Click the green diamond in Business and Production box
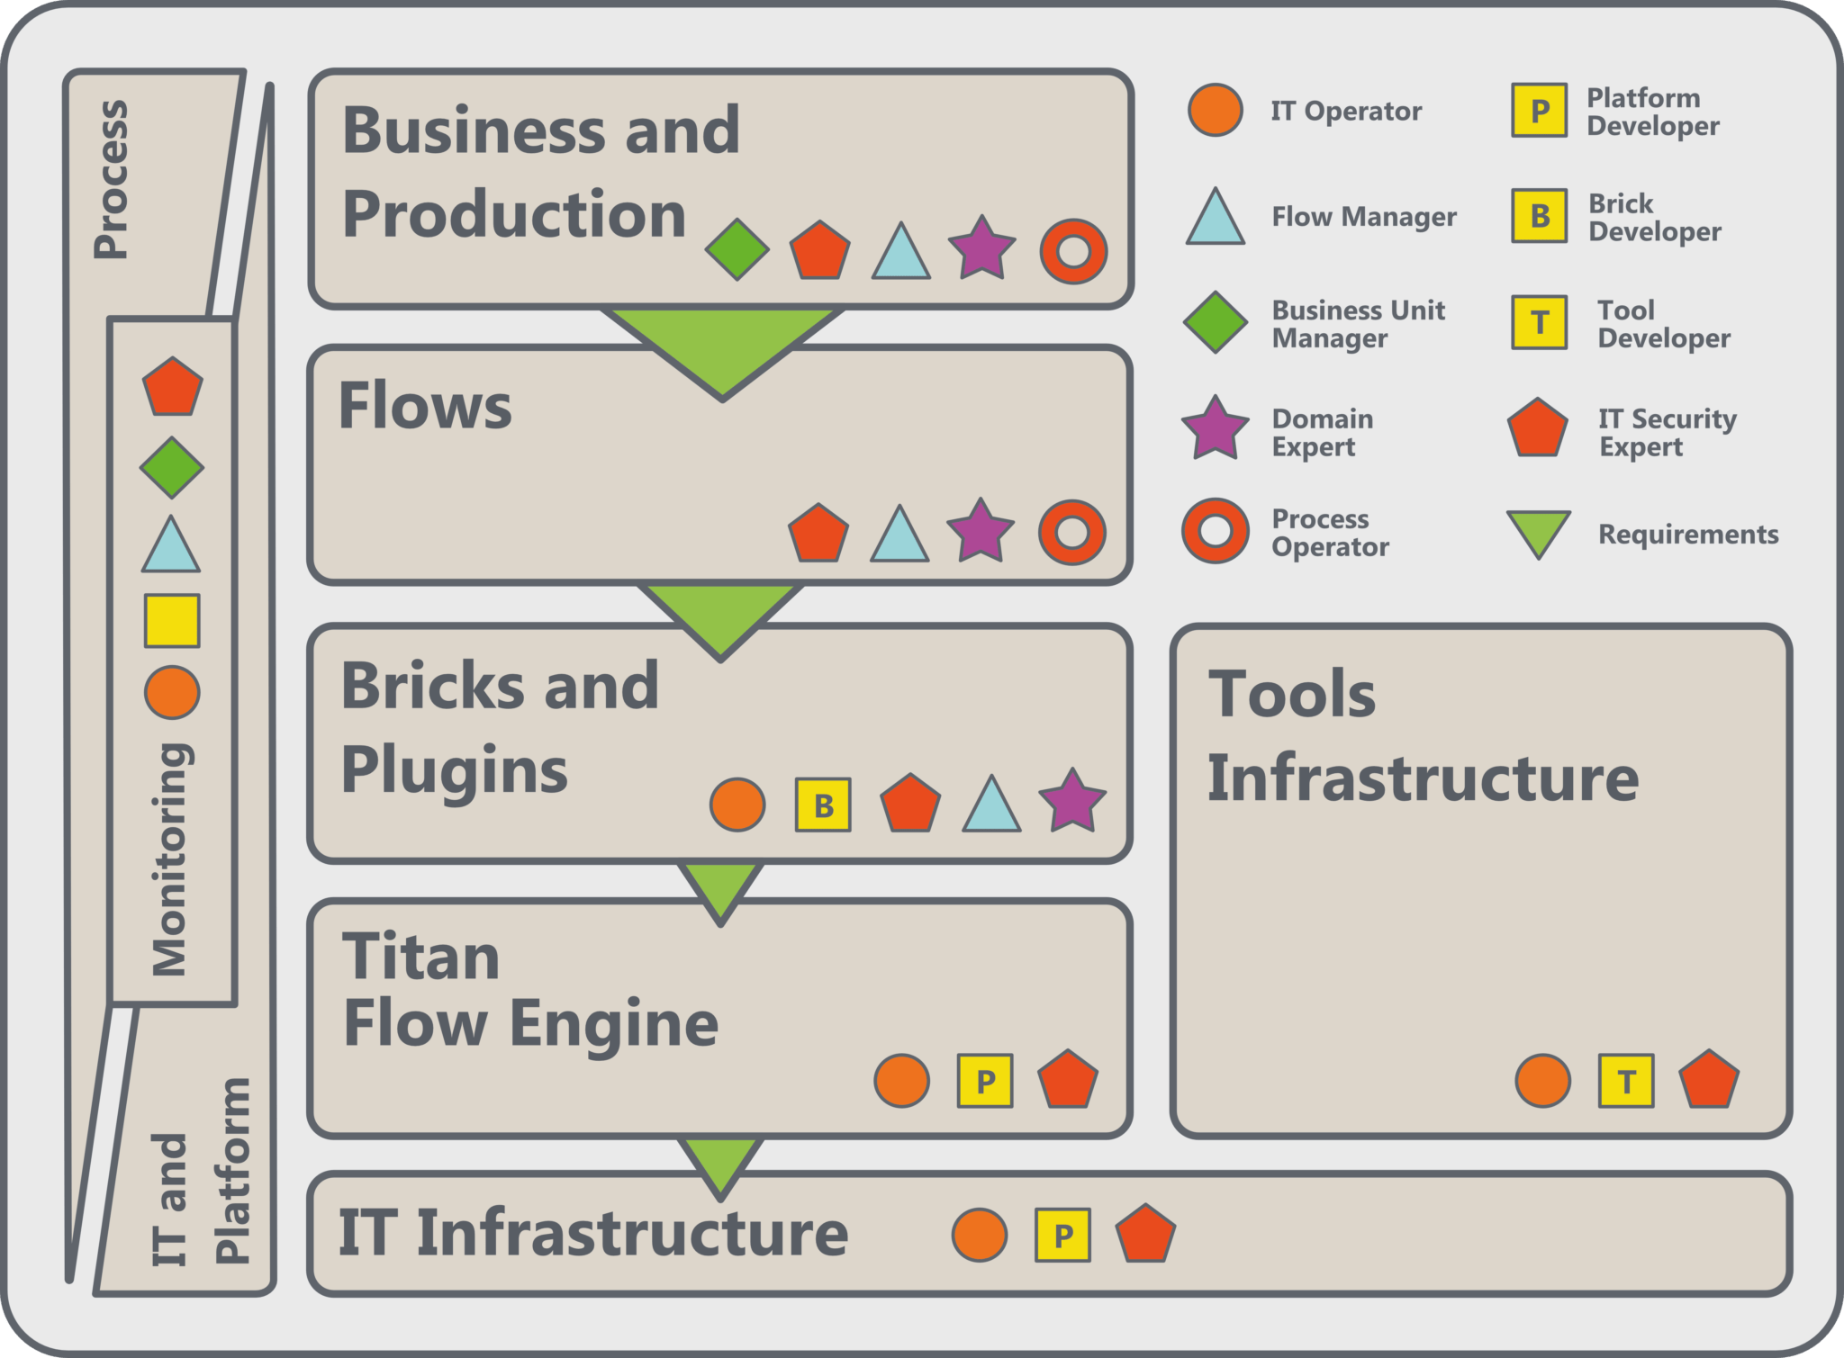coord(737,249)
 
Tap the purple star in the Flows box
coord(981,531)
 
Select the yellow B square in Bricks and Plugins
coord(823,805)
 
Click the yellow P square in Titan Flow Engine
coord(985,1080)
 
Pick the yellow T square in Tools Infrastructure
coord(1626,1080)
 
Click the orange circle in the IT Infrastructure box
coord(980,1235)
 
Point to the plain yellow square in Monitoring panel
coord(172,620)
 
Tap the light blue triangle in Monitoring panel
coord(171,547)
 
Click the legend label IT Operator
coord(1346,111)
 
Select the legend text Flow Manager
coord(1363,217)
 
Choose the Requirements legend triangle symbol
coord(1539,533)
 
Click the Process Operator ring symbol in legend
coord(1216,531)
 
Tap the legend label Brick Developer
coord(1654,217)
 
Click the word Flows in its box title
coord(425,406)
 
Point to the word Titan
coord(420,956)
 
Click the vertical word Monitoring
coord(169,859)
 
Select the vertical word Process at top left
coord(112,180)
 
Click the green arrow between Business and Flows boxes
coord(723,346)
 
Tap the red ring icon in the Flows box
coord(1071,532)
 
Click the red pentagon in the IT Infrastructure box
coord(1145,1234)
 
